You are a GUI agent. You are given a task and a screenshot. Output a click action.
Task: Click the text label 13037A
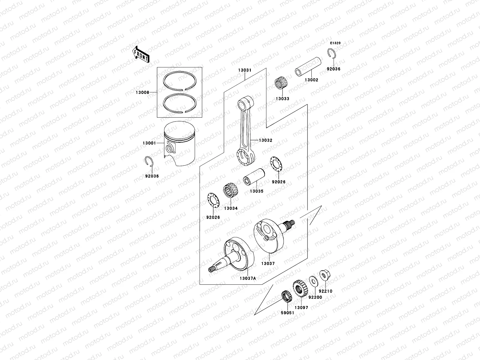pos(248,278)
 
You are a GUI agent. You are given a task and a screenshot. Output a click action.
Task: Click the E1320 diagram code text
pos(335,43)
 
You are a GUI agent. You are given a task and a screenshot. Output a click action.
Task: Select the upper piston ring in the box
pos(180,81)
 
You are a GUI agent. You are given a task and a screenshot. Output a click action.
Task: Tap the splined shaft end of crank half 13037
pos(290,224)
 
